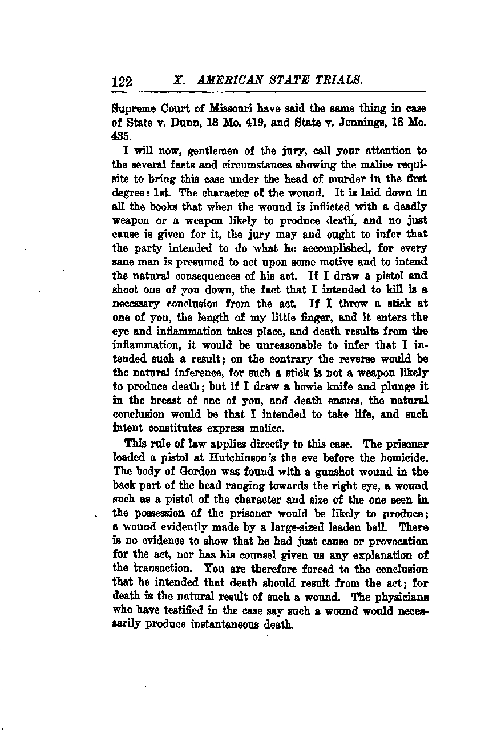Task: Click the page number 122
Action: coord(122,82)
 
